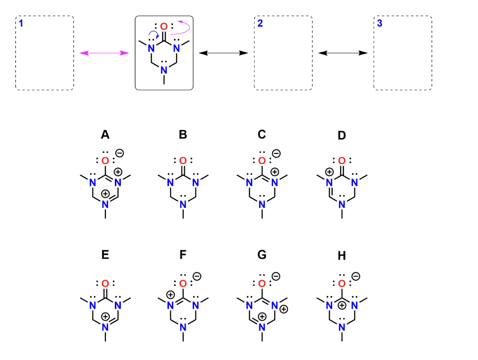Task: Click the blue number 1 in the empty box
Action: pyautogui.click(x=21, y=23)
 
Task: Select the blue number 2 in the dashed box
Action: pyautogui.click(x=260, y=23)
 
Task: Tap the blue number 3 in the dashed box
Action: pyautogui.click(x=380, y=23)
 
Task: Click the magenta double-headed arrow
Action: pyautogui.click(x=104, y=53)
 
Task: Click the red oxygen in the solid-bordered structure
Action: pyautogui.click(x=163, y=27)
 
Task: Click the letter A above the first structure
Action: pyautogui.click(x=105, y=135)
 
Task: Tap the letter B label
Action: pyautogui.click(x=183, y=135)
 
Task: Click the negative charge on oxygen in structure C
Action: pyautogui.click(x=276, y=153)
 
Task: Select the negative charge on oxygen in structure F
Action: pyautogui.click(x=197, y=277)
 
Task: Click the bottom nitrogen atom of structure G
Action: pyautogui.click(x=262, y=324)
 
